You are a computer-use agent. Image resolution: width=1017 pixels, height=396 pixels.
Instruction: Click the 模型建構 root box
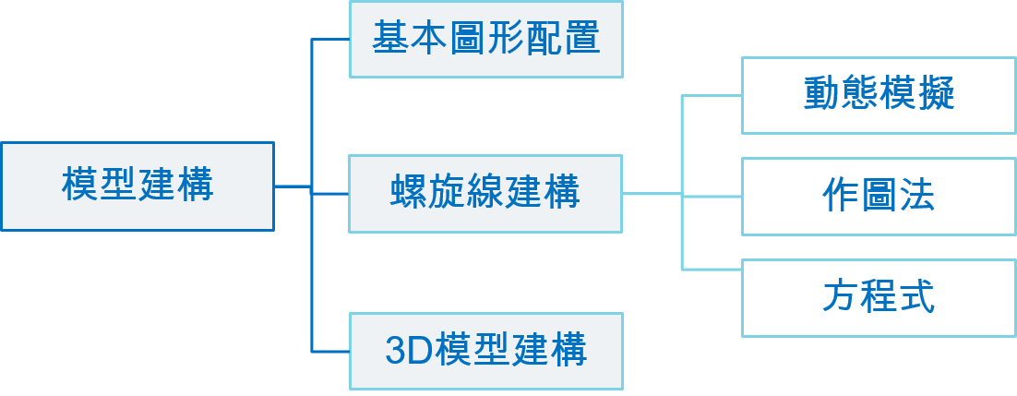point(138,186)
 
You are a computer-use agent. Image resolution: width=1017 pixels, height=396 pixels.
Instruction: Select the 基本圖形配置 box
point(486,39)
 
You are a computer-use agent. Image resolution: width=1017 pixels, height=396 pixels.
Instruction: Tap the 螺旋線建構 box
point(485,194)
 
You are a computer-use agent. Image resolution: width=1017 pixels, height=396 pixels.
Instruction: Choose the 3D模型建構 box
point(486,351)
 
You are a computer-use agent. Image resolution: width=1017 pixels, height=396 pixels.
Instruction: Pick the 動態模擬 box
point(879,95)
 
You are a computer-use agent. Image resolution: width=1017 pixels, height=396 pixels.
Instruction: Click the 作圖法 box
point(879,196)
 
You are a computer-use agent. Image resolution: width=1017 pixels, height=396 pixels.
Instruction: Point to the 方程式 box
point(879,297)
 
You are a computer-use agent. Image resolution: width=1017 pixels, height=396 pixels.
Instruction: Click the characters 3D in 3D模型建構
point(402,352)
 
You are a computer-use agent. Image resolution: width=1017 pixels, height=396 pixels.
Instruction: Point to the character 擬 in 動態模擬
point(936,95)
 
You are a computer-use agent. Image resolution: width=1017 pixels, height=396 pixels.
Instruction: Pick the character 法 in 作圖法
point(916,196)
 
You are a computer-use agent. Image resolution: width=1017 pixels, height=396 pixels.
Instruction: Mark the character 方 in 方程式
point(841,297)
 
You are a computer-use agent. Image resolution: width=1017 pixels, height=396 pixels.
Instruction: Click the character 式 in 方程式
point(916,297)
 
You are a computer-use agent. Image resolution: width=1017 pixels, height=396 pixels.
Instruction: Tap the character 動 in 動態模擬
point(821,95)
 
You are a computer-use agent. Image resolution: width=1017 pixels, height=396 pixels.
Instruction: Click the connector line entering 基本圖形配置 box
point(330,40)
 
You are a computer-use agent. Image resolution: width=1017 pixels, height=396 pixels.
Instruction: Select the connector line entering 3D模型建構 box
point(330,351)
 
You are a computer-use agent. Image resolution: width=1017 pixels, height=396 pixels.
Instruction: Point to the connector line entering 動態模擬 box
point(712,95)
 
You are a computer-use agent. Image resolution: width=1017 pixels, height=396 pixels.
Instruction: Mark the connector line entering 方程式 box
point(712,269)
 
